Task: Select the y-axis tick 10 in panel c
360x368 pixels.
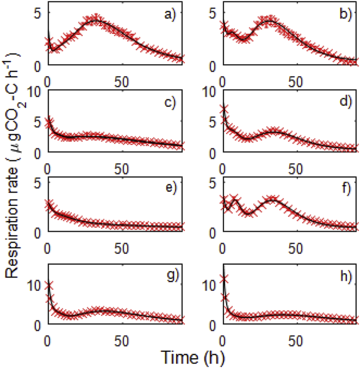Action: tap(34, 92)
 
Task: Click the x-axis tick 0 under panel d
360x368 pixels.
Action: tap(223, 166)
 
